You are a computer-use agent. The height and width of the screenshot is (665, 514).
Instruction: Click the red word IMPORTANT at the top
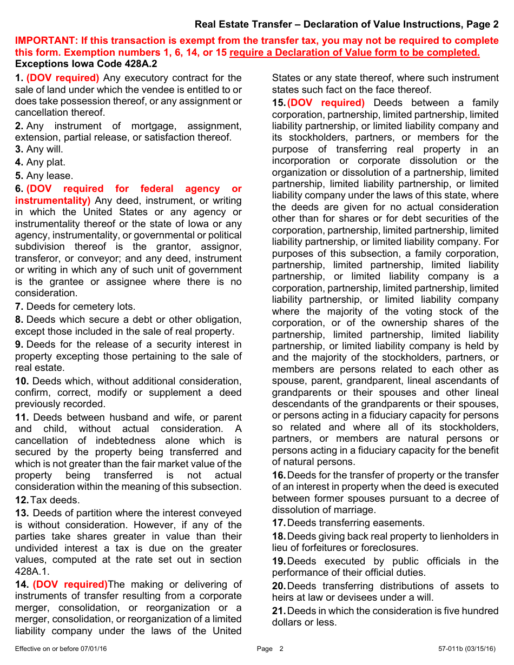pos(44,41)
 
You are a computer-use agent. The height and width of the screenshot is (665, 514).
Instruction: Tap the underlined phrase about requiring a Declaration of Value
pos(354,52)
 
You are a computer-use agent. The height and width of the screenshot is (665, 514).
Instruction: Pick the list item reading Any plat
pos(40,162)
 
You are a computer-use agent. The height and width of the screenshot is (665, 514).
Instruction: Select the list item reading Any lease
pos(44,176)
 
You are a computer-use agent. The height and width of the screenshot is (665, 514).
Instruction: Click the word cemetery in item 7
pos(80,307)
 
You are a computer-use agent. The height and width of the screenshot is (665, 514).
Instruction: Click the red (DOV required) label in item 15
pos(326,103)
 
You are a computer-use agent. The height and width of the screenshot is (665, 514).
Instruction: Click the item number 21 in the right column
pos(278,611)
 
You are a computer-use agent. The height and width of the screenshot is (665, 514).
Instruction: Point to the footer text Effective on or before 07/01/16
pos(61,649)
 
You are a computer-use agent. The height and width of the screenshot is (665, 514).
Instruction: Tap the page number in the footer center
pos(281,649)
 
